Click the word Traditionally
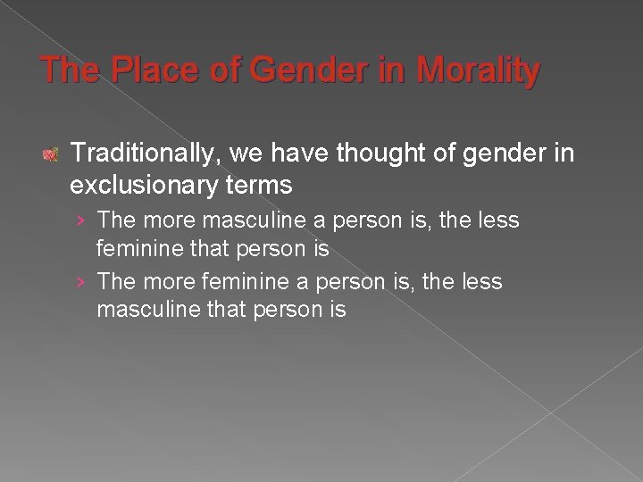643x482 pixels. pos(145,154)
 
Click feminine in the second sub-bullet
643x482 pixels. pos(241,282)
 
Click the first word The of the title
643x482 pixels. pos(71,71)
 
